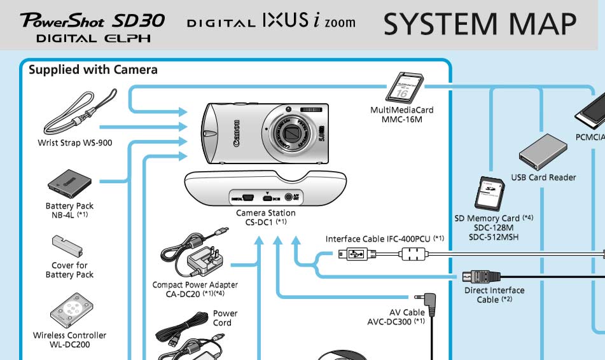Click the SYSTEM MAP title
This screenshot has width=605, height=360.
click(x=480, y=24)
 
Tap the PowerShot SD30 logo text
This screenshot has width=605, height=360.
click(x=93, y=20)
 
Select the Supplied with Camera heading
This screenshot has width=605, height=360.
click(x=93, y=69)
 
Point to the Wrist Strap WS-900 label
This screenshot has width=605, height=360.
click(x=75, y=143)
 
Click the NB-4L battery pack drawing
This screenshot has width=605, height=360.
click(x=68, y=184)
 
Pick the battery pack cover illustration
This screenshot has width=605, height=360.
click(x=69, y=246)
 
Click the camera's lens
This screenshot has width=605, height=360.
click(x=293, y=134)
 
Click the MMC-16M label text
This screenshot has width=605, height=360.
click(x=402, y=119)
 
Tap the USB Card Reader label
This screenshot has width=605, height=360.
click(x=543, y=177)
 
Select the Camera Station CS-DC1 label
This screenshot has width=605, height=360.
click(x=265, y=218)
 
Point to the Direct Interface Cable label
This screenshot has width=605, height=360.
click(x=494, y=295)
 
